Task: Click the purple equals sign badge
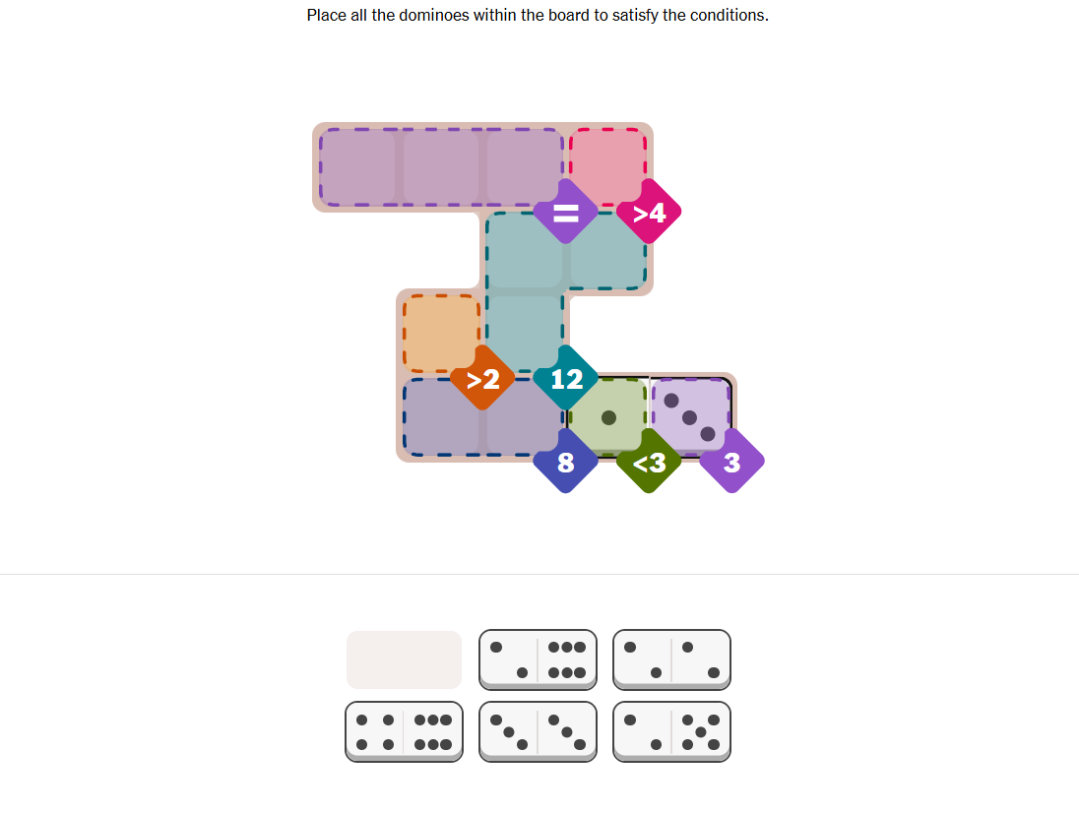[566, 212]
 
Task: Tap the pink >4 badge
[649, 212]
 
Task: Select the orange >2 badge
[482, 378]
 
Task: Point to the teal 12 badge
[566, 378]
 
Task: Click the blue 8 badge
[566, 461]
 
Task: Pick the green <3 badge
[649, 461]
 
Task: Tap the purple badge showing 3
[732, 461]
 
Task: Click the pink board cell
[607, 166]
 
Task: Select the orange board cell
[441, 333]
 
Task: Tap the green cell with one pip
[607, 417]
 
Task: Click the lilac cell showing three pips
[691, 417]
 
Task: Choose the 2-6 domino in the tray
[538, 659]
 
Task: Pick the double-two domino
[671, 659]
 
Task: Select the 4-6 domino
[404, 732]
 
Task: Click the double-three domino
[538, 732]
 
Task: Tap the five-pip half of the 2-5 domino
[701, 731]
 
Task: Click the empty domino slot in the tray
[404, 659]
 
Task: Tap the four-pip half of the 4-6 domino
[375, 731]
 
